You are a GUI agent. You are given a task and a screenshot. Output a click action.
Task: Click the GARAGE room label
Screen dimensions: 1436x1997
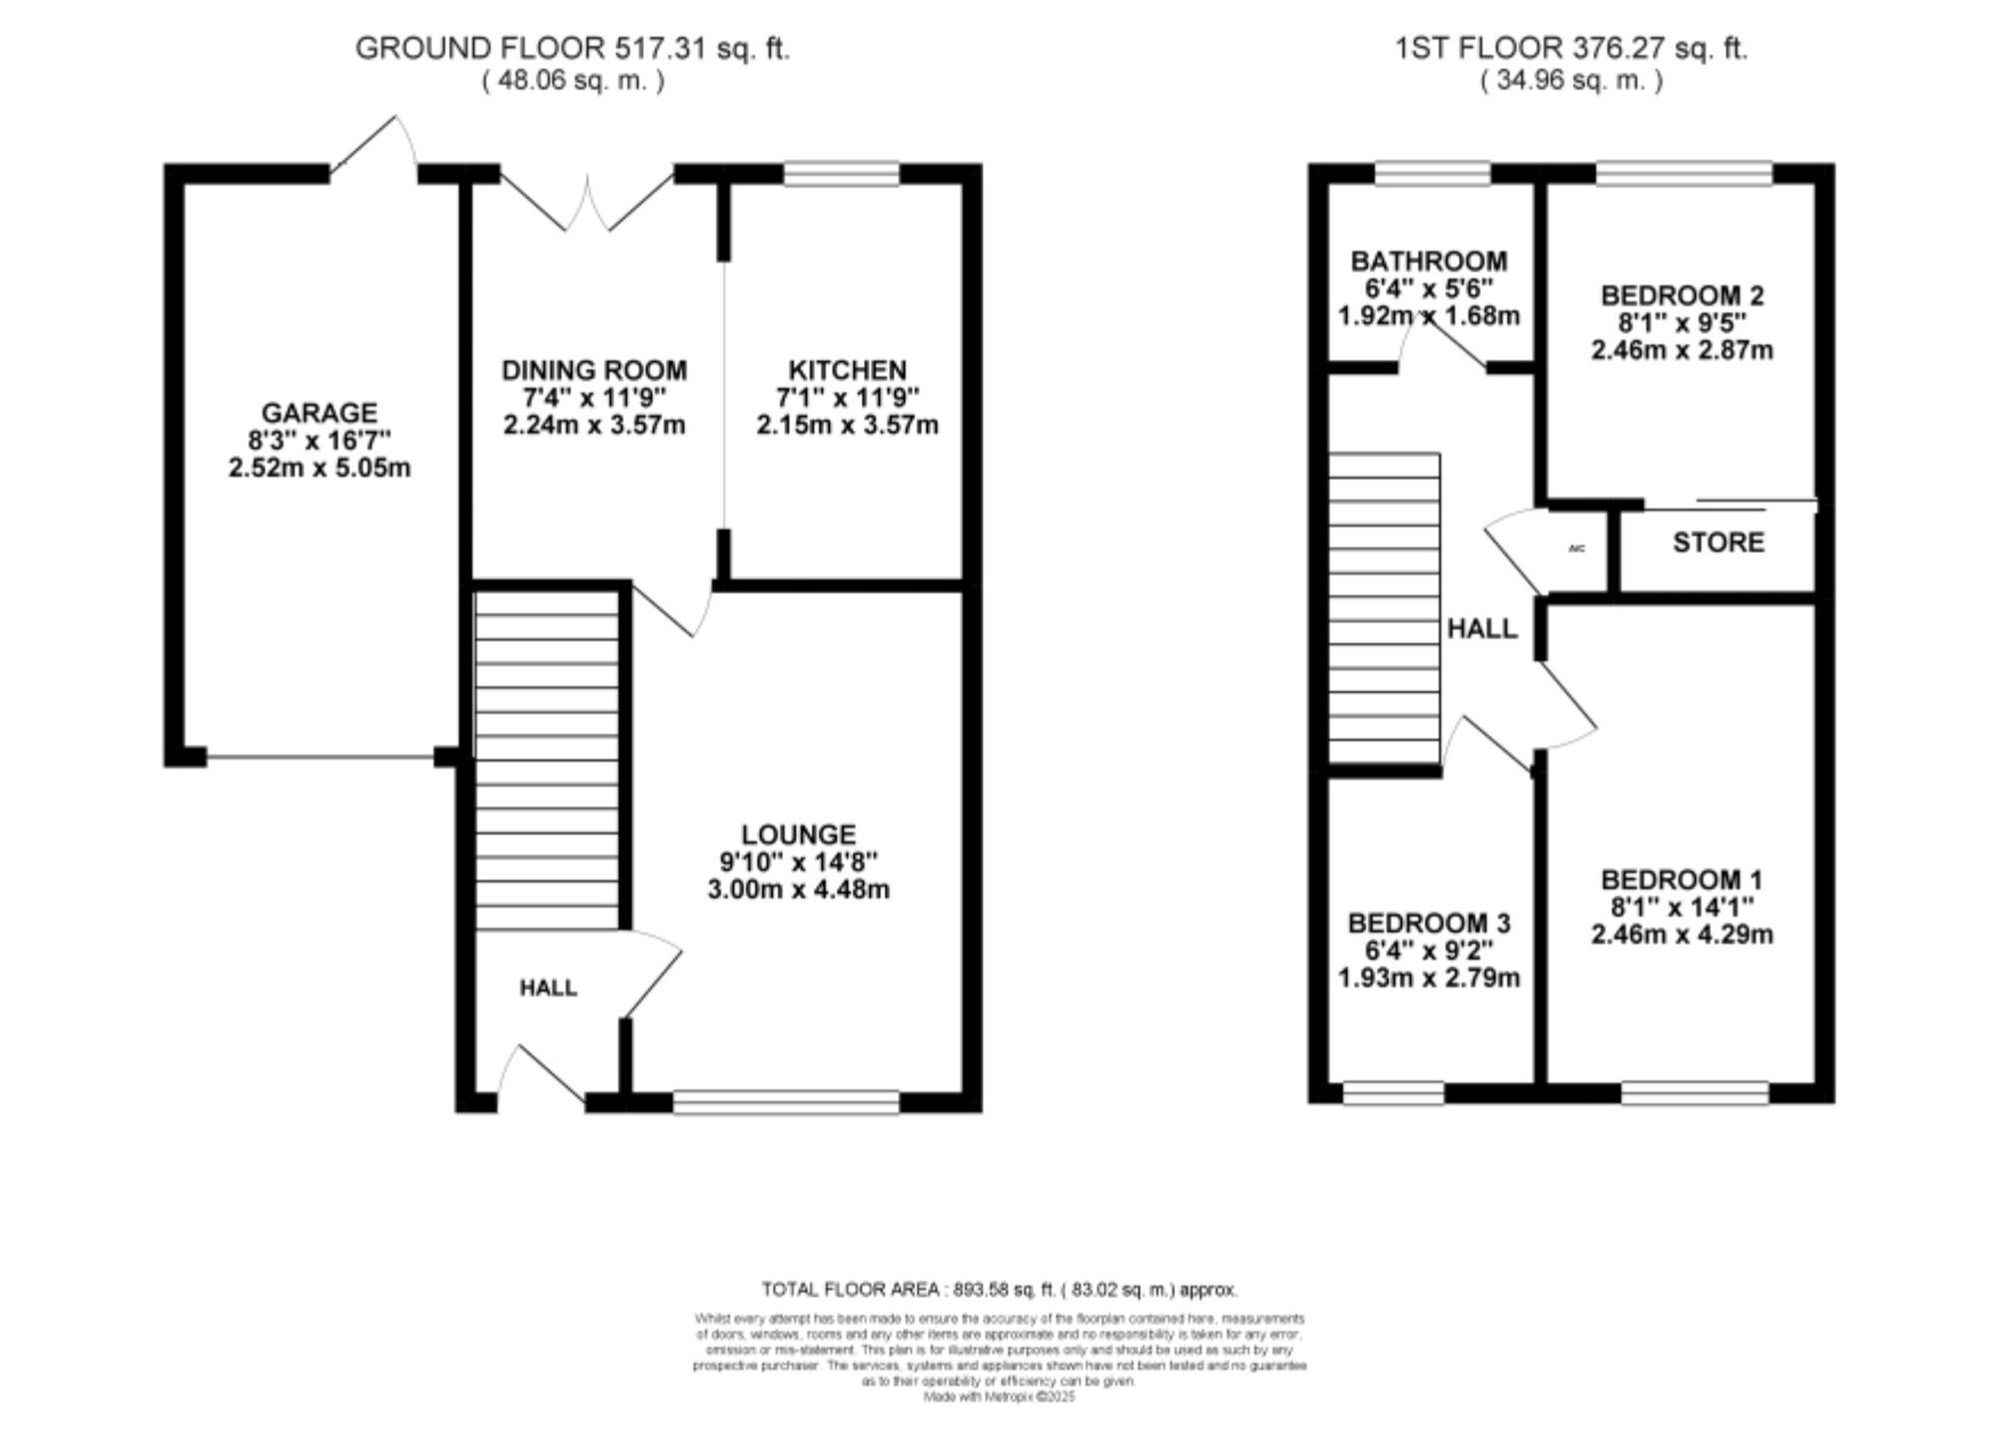pos(320,412)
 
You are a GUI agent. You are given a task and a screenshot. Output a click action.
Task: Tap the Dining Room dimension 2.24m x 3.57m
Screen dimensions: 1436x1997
pos(594,425)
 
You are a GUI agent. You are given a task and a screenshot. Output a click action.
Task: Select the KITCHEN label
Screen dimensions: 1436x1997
pos(847,370)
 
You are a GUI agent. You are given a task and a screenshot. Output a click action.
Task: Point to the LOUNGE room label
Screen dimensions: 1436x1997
pos(798,834)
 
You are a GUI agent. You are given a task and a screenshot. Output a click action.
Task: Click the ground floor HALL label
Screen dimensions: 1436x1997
pos(548,988)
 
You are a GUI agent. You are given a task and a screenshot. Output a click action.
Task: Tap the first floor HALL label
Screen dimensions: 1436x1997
pos(1482,628)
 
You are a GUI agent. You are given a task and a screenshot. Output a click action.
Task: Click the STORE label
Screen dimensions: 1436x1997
pos(1717,542)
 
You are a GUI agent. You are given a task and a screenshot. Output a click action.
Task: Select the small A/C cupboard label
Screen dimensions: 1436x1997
pos(1578,548)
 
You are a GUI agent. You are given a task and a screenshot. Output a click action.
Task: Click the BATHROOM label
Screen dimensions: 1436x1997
pos(1429,262)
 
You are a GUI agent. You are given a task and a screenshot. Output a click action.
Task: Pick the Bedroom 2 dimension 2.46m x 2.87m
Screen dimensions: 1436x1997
pos(1681,351)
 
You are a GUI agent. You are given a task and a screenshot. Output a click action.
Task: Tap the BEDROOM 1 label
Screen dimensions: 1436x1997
pos(1681,880)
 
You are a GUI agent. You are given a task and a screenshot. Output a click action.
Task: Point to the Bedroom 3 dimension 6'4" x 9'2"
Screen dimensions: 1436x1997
pos(1429,951)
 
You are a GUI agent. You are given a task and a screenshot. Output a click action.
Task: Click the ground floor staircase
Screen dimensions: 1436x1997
pos(547,759)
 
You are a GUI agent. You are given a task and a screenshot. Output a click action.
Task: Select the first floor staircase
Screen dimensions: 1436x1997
pos(1385,609)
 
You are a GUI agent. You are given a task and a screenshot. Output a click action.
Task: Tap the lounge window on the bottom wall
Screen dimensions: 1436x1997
pos(786,1101)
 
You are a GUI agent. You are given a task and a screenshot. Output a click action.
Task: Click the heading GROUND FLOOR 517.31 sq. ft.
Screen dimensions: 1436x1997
pos(572,48)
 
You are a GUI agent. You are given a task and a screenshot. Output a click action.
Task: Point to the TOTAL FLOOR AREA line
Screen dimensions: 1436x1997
pos(998,1289)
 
